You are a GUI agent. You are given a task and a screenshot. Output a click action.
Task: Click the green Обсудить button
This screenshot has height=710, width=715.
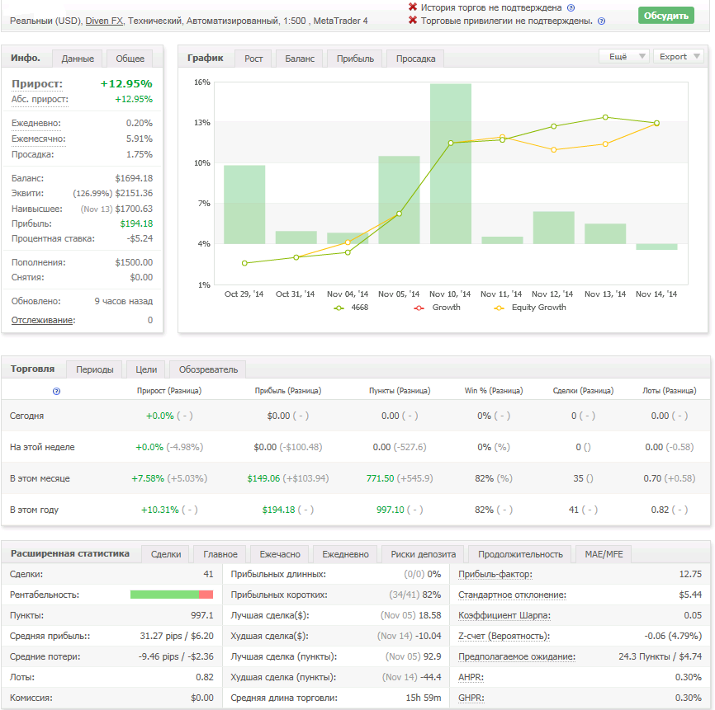pyautogui.click(x=665, y=16)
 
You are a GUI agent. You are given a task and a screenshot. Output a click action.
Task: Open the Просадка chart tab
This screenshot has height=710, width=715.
pyautogui.click(x=415, y=59)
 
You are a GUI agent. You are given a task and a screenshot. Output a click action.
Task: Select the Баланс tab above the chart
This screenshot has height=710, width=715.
pyautogui.click(x=300, y=59)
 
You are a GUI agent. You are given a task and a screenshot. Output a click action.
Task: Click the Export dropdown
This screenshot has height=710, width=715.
pyautogui.click(x=679, y=56)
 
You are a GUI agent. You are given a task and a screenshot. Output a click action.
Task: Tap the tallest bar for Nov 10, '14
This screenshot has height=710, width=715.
pyautogui.click(x=451, y=163)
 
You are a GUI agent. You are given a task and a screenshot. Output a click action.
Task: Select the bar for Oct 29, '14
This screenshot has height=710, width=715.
pyautogui.click(x=244, y=205)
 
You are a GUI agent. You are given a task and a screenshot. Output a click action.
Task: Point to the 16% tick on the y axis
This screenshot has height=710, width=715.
pyautogui.click(x=202, y=82)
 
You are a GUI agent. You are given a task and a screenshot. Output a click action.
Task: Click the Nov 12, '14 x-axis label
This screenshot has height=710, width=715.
pyautogui.click(x=552, y=294)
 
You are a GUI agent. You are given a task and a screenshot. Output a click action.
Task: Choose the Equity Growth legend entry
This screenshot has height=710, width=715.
pyautogui.click(x=530, y=308)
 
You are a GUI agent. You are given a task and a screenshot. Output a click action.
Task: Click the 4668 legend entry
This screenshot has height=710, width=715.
pyautogui.click(x=351, y=308)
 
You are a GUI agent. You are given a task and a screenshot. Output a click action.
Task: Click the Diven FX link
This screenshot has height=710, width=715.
pyautogui.click(x=104, y=21)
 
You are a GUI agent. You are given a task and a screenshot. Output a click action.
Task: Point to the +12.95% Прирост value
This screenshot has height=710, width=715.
pyautogui.click(x=126, y=84)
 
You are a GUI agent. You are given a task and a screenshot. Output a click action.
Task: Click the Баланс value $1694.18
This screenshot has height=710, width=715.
pyautogui.click(x=134, y=178)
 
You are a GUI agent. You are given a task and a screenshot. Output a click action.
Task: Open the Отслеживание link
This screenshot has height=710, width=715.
pyautogui.click(x=42, y=320)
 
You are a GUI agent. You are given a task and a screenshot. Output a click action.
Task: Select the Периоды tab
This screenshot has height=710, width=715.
pyautogui.click(x=94, y=369)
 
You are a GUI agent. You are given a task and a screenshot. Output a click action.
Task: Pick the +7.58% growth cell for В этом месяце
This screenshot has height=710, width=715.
pyautogui.click(x=148, y=478)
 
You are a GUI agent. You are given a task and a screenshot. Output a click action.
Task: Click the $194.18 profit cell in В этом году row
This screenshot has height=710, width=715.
pyautogui.click(x=278, y=510)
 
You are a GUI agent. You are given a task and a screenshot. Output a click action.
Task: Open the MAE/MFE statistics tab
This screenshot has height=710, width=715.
pyautogui.click(x=604, y=554)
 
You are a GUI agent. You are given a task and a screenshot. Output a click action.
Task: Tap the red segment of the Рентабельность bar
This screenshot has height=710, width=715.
pyautogui.click(x=206, y=595)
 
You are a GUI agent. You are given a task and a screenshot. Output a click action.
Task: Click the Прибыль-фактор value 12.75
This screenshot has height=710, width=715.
pyautogui.click(x=690, y=574)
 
